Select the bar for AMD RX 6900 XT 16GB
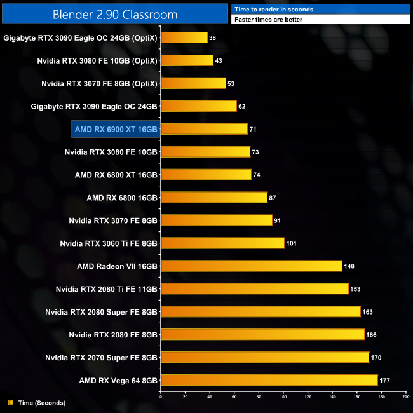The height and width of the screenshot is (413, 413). click(204, 129)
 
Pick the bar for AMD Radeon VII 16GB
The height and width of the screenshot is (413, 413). click(251, 266)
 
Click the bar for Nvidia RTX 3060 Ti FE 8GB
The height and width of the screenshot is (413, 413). click(222, 243)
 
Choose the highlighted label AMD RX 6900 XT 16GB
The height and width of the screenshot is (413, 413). click(116, 129)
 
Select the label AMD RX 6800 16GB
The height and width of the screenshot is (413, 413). click(122, 198)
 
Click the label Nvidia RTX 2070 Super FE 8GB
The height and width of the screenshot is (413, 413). click(101, 358)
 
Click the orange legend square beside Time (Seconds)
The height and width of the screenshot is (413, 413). click(10, 403)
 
